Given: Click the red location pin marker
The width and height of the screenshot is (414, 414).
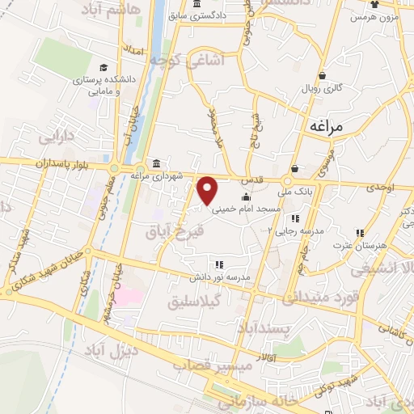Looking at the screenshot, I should pyautogui.click(x=208, y=190).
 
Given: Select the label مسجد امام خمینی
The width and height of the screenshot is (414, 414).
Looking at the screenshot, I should pyautogui.click(x=246, y=209).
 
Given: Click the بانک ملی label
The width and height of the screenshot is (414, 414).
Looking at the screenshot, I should pyautogui.click(x=294, y=192).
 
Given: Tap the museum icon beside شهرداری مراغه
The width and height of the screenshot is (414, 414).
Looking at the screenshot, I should pyautogui.click(x=154, y=162).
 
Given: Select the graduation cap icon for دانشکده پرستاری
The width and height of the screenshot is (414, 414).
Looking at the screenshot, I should pyautogui.click(x=103, y=67).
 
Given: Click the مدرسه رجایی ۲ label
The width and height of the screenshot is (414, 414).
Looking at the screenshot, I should pyautogui.click(x=295, y=230).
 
